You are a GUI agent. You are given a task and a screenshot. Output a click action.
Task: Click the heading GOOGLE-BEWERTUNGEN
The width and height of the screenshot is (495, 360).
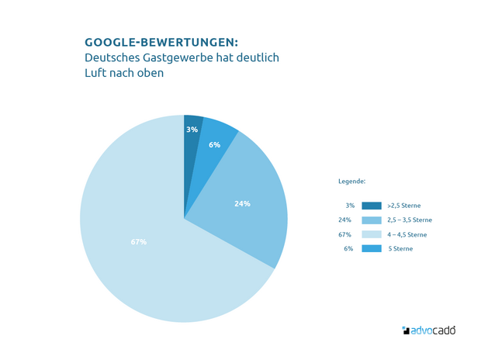coord(161,42)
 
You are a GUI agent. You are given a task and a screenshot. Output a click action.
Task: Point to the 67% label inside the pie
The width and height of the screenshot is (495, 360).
coord(139,242)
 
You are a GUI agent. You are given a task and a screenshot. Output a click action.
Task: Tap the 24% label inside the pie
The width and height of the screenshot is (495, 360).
coord(242,204)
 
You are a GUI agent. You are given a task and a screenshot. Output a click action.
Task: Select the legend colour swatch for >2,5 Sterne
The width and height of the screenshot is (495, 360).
coord(372,206)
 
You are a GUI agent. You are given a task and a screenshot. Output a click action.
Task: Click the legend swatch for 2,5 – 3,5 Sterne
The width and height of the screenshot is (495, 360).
coord(372,220)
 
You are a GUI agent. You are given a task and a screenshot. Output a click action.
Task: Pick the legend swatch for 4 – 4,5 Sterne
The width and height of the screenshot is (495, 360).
coord(372,234)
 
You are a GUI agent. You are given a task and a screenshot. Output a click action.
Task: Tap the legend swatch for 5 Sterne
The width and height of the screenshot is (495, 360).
coord(372,248)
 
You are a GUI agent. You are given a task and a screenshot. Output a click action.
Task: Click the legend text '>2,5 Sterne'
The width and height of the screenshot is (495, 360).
coord(403,206)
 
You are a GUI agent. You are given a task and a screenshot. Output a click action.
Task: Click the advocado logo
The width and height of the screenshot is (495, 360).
coord(428,330)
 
